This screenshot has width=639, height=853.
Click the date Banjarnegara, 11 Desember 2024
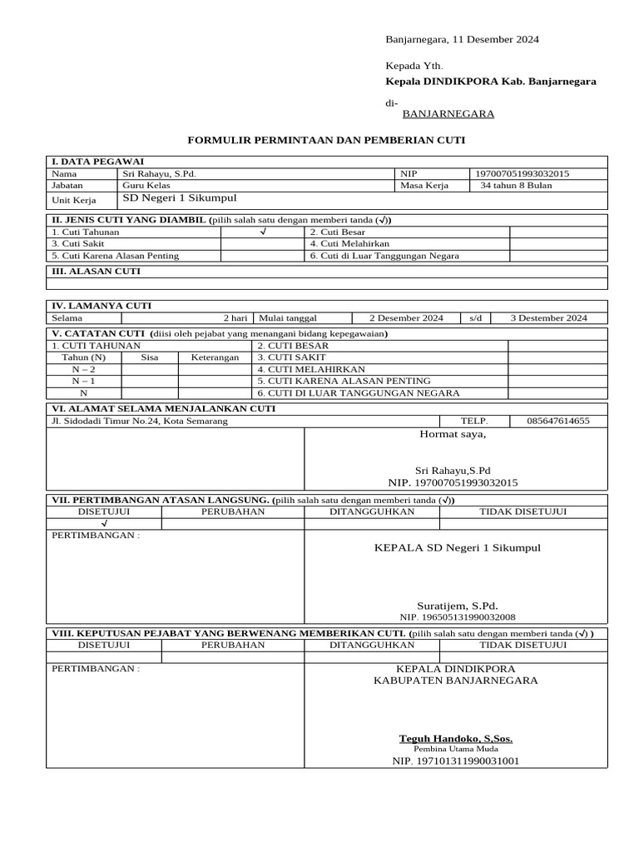tap(462, 39)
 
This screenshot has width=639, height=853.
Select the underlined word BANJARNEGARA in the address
tap(448, 114)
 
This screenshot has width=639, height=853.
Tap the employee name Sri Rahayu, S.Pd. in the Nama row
tap(159, 173)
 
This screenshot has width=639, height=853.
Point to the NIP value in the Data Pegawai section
tap(522, 173)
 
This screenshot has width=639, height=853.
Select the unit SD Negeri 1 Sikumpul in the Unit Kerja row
tap(180, 198)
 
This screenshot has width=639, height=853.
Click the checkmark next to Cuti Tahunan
tap(262, 232)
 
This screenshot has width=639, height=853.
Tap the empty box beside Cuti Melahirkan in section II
tap(558, 243)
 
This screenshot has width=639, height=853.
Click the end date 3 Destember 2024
tap(548, 317)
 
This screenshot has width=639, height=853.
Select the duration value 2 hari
tap(235, 317)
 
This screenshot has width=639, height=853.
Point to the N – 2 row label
tap(83, 368)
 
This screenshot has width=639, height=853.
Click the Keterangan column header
tap(215, 357)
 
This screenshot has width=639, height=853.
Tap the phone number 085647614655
tap(557, 421)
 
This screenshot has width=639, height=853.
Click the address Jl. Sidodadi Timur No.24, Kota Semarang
tap(139, 421)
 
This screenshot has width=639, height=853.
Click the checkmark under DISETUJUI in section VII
tap(104, 523)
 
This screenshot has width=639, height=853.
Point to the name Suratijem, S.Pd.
tap(457, 606)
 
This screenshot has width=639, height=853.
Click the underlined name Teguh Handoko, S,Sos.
tap(456, 738)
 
